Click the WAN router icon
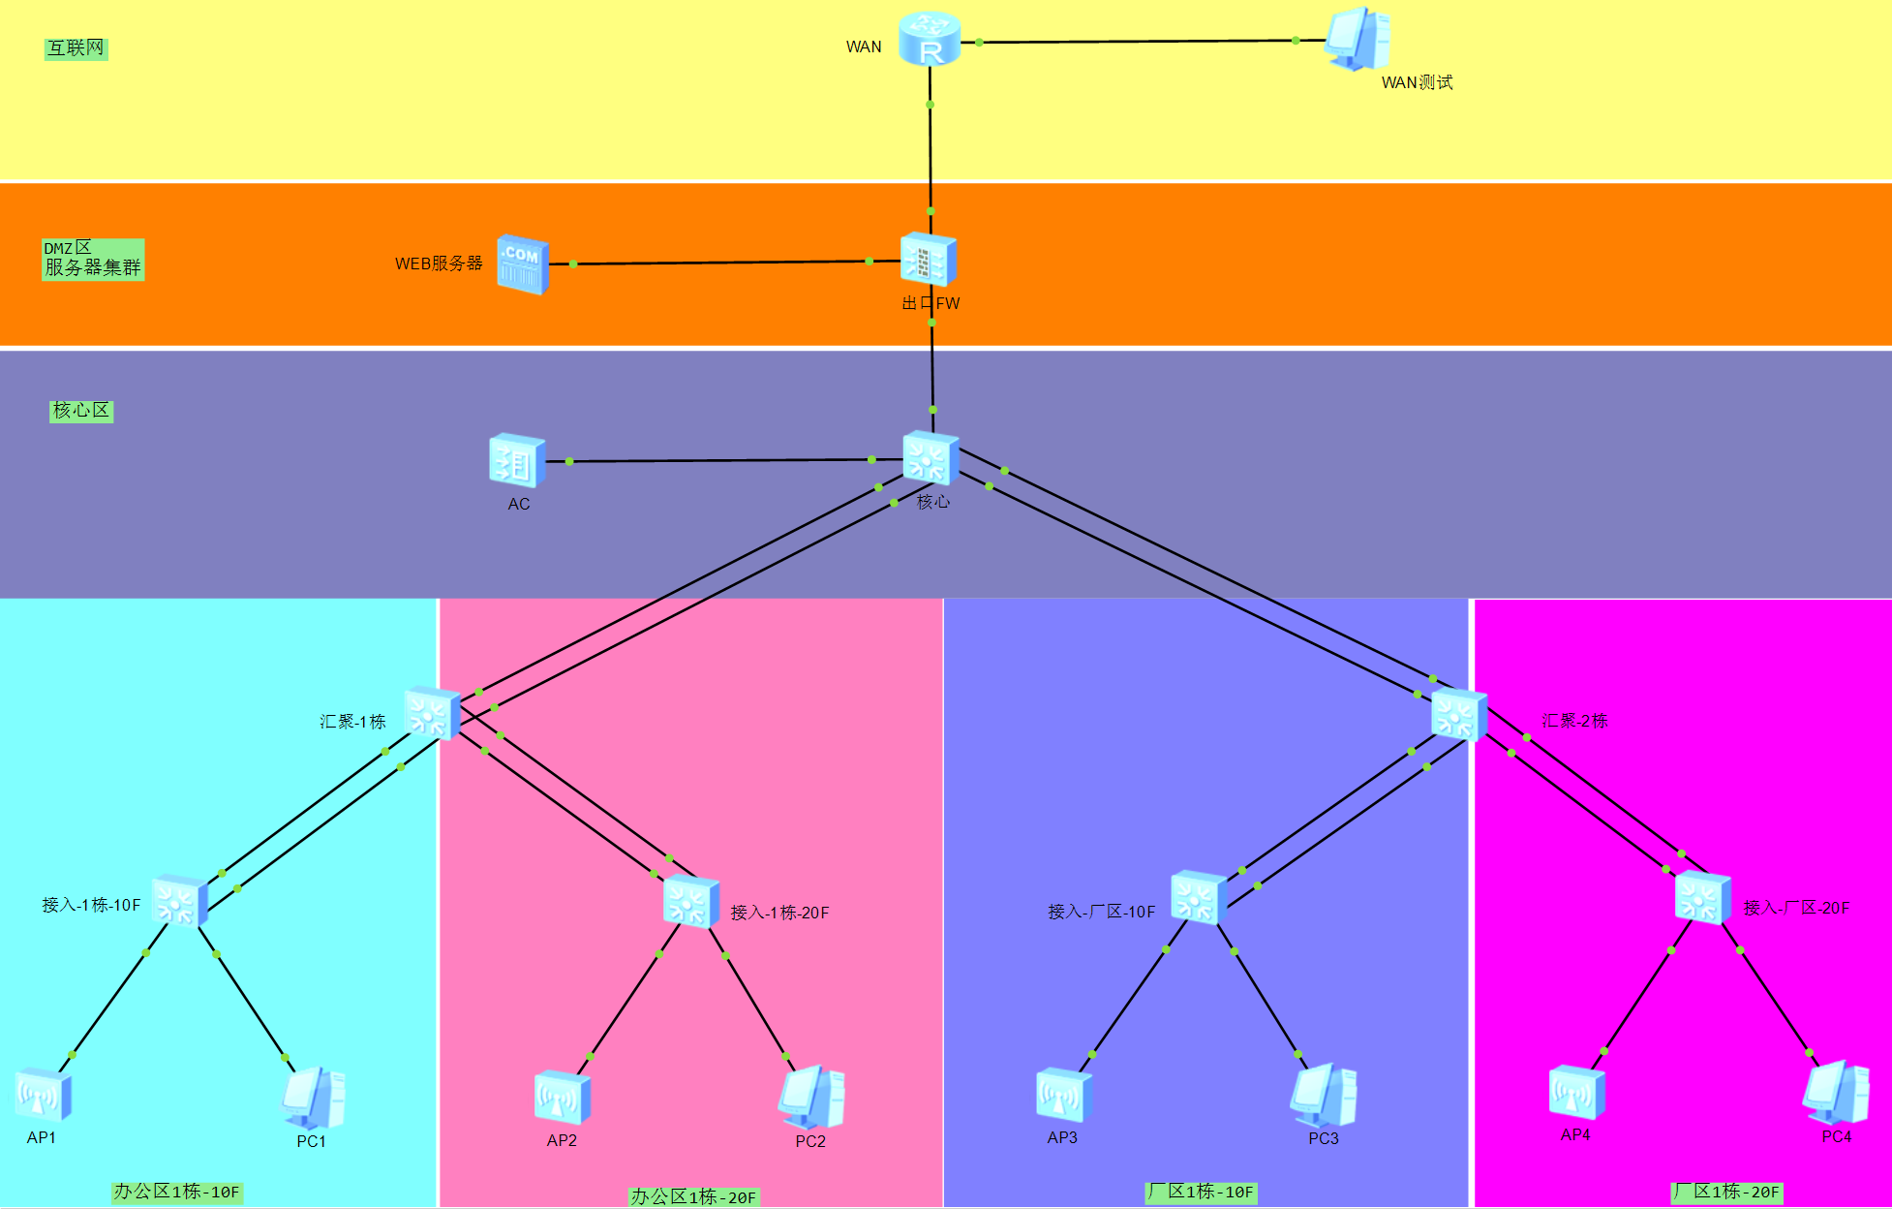(930, 40)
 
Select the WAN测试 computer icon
(1358, 40)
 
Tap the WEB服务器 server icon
(523, 263)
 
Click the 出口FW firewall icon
(929, 260)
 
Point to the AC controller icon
(517, 461)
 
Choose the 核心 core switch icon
(931, 457)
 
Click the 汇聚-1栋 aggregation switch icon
(432, 714)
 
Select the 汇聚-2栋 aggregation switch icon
(1458, 715)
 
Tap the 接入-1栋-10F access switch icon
(180, 901)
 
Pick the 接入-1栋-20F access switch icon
(691, 902)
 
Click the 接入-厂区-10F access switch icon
(1199, 898)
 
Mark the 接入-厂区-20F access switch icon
(1702, 897)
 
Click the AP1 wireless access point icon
(44, 1095)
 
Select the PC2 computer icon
(811, 1098)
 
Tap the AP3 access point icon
(1064, 1096)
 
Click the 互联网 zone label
(76, 48)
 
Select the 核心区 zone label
(81, 411)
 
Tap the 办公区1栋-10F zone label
(176, 1192)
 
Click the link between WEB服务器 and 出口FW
(721, 263)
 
